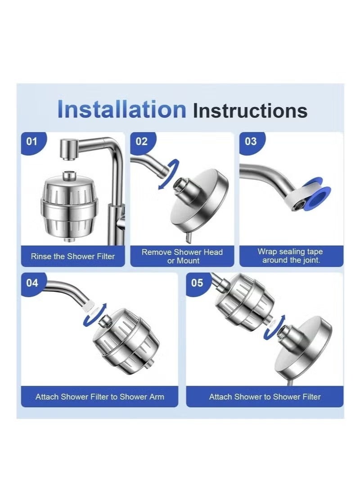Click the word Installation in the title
pyautogui.click(x=121, y=110)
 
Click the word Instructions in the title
pyautogui.click(x=250, y=111)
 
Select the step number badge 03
pyautogui.click(x=251, y=142)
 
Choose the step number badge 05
pyautogui.click(x=198, y=283)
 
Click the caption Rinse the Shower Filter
pyautogui.click(x=73, y=256)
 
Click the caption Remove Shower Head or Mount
pyautogui.click(x=182, y=256)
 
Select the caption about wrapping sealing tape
pyautogui.click(x=291, y=256)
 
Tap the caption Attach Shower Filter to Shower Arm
pyautogui.click(x=100, y=397)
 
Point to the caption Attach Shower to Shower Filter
pyautogui.click(x=265, y=397)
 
